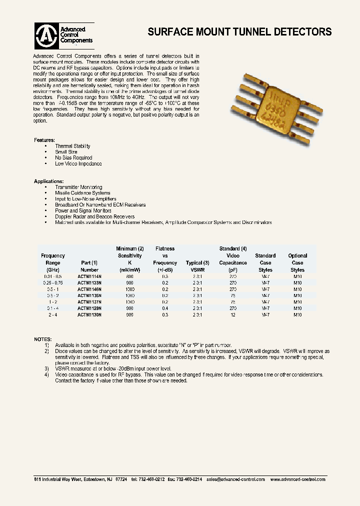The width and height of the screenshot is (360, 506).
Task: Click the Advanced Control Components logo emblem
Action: pos(46,35)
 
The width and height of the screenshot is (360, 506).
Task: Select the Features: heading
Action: pos(44,140)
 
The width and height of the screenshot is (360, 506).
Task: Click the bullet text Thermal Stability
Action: pos(72,146)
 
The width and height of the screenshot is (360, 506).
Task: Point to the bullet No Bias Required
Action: pos(73,157)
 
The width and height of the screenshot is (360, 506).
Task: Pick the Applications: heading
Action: pos(48,181)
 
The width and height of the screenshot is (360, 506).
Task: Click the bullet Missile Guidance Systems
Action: pos(82,193)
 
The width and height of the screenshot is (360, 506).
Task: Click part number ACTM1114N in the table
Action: pos(89,276)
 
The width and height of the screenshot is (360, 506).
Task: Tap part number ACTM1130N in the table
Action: pos(89,315)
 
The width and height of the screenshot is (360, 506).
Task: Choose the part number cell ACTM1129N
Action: pos(89,308)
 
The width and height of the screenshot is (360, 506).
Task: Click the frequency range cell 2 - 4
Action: pos(53,315)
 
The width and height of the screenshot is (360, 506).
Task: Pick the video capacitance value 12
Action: pos(233,315)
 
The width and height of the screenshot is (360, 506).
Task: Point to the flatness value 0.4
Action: pos(165,308)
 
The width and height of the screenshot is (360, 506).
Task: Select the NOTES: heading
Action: pos(43,339)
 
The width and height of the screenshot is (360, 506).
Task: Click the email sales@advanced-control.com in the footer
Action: pos(235,479)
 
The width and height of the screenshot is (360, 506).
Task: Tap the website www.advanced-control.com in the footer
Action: pos(297,479)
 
